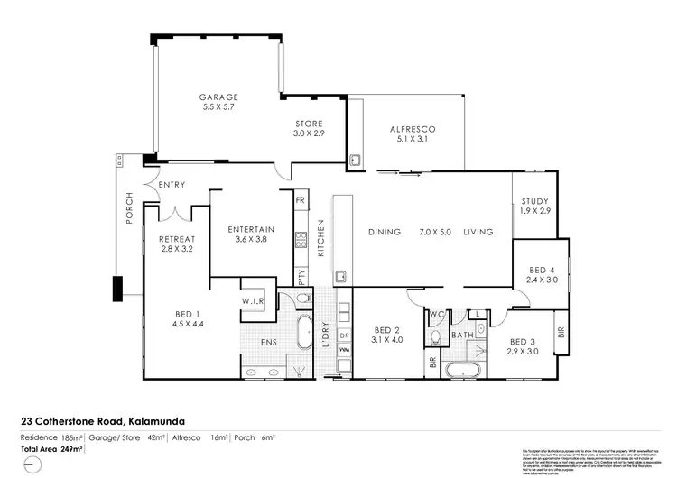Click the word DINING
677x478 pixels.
pos(384,233)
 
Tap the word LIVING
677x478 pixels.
pos(478,233)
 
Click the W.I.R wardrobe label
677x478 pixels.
pos(252,301)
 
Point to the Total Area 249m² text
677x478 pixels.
pos(52,447)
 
